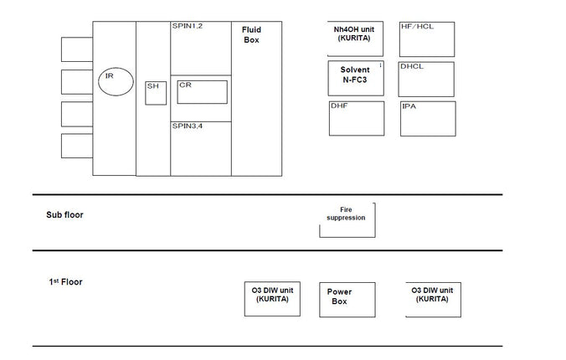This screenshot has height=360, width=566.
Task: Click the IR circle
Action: click(x=116, y=68)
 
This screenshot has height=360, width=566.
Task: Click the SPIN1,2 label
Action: click(x=187, y=26)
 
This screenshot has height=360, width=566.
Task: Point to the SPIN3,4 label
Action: click(x=187, y=126)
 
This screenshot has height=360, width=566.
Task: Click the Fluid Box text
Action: click(x=251, y=34)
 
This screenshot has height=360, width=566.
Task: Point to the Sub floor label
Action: click(x=64, y=215)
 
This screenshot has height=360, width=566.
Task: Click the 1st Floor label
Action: click(x=65, y=281)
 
